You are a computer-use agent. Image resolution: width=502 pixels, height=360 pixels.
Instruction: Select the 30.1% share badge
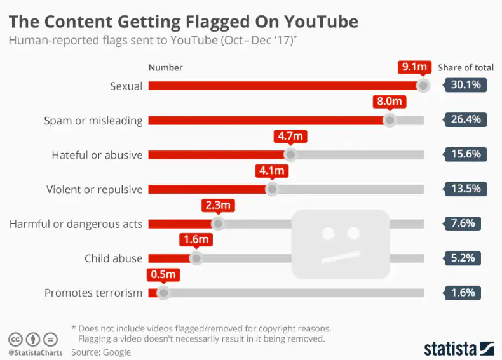[x=465, y=85]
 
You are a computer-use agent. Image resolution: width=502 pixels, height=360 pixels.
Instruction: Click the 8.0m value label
[x=389, y=102]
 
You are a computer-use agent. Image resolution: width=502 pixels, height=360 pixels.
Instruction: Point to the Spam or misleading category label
[x=93, y=121]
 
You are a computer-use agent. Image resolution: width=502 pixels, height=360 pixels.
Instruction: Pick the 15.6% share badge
[x=465, y=154]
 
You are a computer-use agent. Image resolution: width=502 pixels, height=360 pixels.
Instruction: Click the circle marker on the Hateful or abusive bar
[x=290, y=154]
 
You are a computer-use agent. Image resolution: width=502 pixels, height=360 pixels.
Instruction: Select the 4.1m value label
[x=272, y=171]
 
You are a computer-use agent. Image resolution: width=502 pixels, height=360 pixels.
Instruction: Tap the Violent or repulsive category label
[x=94, y=189]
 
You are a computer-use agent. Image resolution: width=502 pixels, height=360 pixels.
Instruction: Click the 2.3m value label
[x=218, y=205]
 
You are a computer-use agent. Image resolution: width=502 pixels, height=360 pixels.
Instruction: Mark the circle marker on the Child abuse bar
[x=196, y=258]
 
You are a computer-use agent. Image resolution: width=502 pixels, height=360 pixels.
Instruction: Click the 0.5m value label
[x=163, y=275]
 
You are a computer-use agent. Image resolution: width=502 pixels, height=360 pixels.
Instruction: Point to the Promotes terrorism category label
[x=93, y=293]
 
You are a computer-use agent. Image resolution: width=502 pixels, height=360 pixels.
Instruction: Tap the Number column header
[x=165, y=67]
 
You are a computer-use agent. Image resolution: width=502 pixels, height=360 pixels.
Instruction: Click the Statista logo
[x=459, y=348]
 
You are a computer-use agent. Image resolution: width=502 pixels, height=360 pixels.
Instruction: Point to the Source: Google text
[x=100, y=352]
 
